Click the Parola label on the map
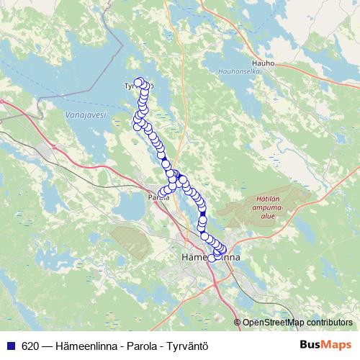158,197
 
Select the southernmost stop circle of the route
212,258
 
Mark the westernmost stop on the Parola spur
161,192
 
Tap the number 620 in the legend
30,345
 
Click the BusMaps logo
324,344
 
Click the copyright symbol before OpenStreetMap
238,323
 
